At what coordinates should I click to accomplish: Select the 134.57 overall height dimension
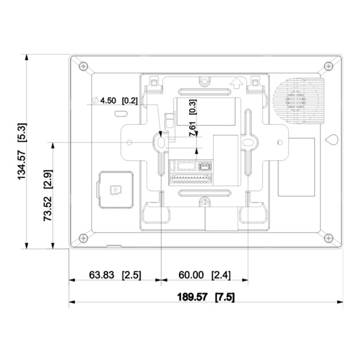(x=22, y=152)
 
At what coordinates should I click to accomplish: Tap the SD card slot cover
(x=114, y=188)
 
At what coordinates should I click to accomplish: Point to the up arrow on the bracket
(x=238, y=83)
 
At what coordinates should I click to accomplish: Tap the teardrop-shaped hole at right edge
(x=331, y=139)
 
